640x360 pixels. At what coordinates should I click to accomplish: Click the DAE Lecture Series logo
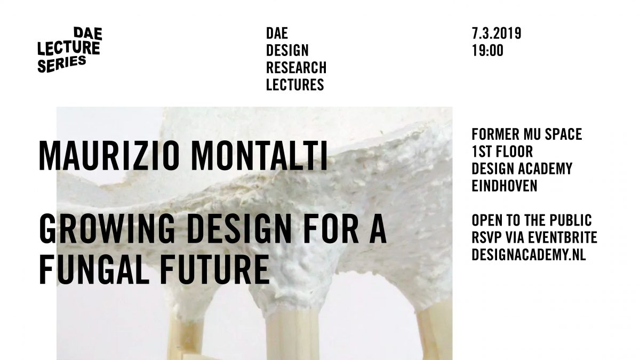(70, 50)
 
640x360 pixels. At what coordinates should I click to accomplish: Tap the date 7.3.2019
(497, 34)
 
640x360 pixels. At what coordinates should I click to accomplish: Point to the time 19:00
(487, 51)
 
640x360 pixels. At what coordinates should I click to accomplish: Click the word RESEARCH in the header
(297, 67)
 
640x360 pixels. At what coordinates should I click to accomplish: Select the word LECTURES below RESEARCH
(295, 85)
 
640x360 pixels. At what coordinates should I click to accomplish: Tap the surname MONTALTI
(260, 156)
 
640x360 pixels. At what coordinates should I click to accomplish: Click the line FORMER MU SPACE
(527, 134)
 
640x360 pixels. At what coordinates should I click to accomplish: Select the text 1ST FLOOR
(502, 151)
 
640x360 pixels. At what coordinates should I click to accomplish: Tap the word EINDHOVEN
(505, 186)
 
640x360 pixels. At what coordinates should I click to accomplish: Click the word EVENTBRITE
(562, 237)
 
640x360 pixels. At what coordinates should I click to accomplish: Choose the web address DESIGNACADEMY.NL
(529, 254)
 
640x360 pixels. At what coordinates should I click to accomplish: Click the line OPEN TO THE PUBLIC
(532, 220)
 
